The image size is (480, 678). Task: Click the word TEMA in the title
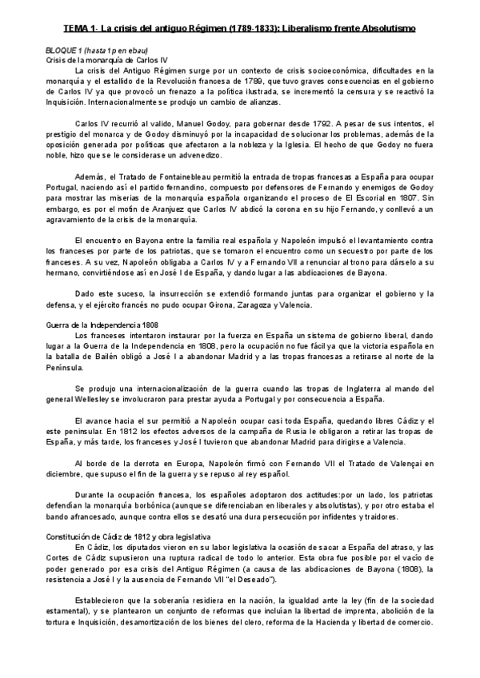(x=78, y=30)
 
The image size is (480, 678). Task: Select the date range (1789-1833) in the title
(x=250, y=30)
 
